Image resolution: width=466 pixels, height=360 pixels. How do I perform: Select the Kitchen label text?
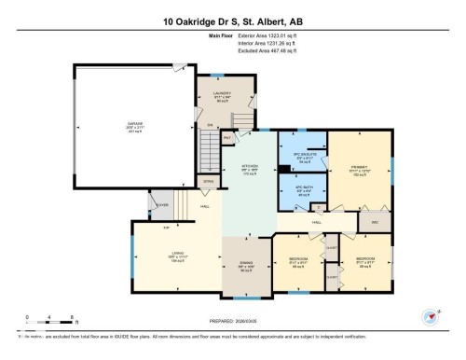[250, 169]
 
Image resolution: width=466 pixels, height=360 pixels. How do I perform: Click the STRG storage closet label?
[209, 181]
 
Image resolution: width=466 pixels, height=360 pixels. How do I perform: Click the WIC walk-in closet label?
[375, 222]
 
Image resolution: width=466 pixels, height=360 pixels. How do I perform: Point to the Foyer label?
[162, 206]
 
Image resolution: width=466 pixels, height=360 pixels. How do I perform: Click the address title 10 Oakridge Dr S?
[233, 19]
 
